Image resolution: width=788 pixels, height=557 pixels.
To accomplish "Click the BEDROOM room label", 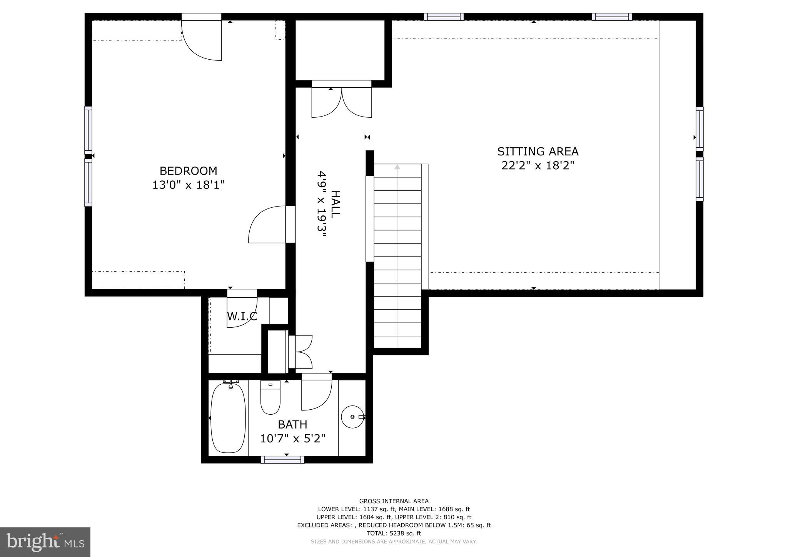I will point(188,171).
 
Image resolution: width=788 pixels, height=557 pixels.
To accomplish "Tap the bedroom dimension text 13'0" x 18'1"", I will point(188,185).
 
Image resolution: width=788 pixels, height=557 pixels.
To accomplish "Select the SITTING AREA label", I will point(538,152).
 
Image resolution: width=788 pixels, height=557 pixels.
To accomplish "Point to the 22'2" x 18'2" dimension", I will point(538,165).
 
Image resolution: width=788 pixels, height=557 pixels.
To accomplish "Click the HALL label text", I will point(335,204).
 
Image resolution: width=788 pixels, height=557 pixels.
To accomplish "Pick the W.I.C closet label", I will point(242,316).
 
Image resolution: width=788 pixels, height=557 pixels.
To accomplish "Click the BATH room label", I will point(292,425).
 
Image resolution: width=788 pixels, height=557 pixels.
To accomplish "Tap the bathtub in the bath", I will point(228,418).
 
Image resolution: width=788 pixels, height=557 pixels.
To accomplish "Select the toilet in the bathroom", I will point(270,397).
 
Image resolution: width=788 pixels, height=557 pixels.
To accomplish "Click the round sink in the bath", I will point(352,417).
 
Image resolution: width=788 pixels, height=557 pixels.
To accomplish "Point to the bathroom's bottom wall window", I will point(282,459).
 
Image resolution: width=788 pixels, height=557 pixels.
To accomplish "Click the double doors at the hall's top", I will point(341,101).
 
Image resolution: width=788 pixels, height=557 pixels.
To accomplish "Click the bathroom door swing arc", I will point(316,394).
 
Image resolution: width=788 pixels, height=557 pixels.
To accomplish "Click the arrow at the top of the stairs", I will point(397,167).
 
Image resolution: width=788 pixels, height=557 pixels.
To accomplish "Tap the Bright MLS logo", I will point(45,542).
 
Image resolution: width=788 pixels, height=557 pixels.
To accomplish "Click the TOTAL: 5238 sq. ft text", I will point(394,533).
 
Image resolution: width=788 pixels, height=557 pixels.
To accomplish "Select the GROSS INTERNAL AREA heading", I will point(394,501).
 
